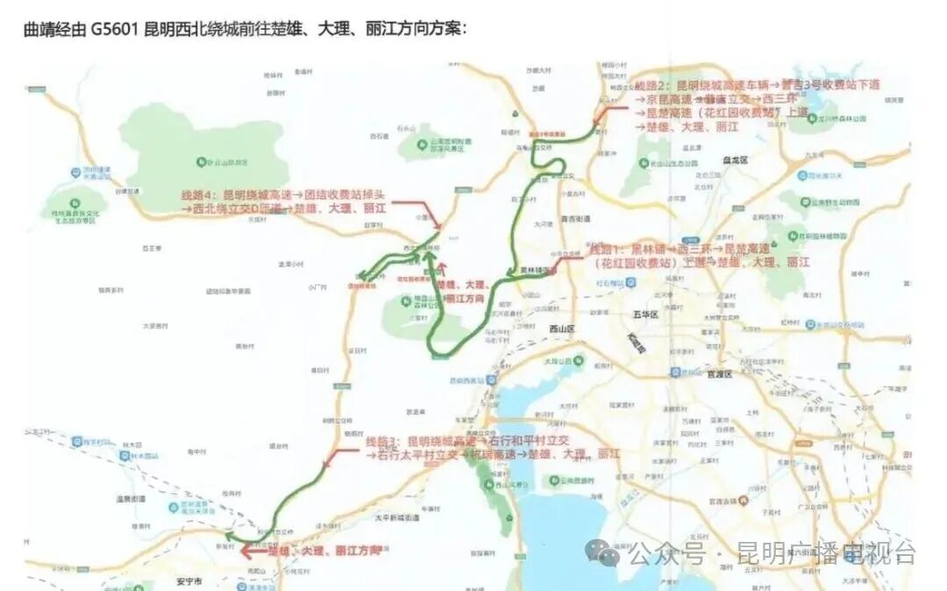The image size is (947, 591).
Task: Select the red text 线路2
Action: pos(651,85)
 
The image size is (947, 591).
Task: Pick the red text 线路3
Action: pos(382,440)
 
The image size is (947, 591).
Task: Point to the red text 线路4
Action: pos(198,194)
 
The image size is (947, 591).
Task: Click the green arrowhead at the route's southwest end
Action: pos(229,535)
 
